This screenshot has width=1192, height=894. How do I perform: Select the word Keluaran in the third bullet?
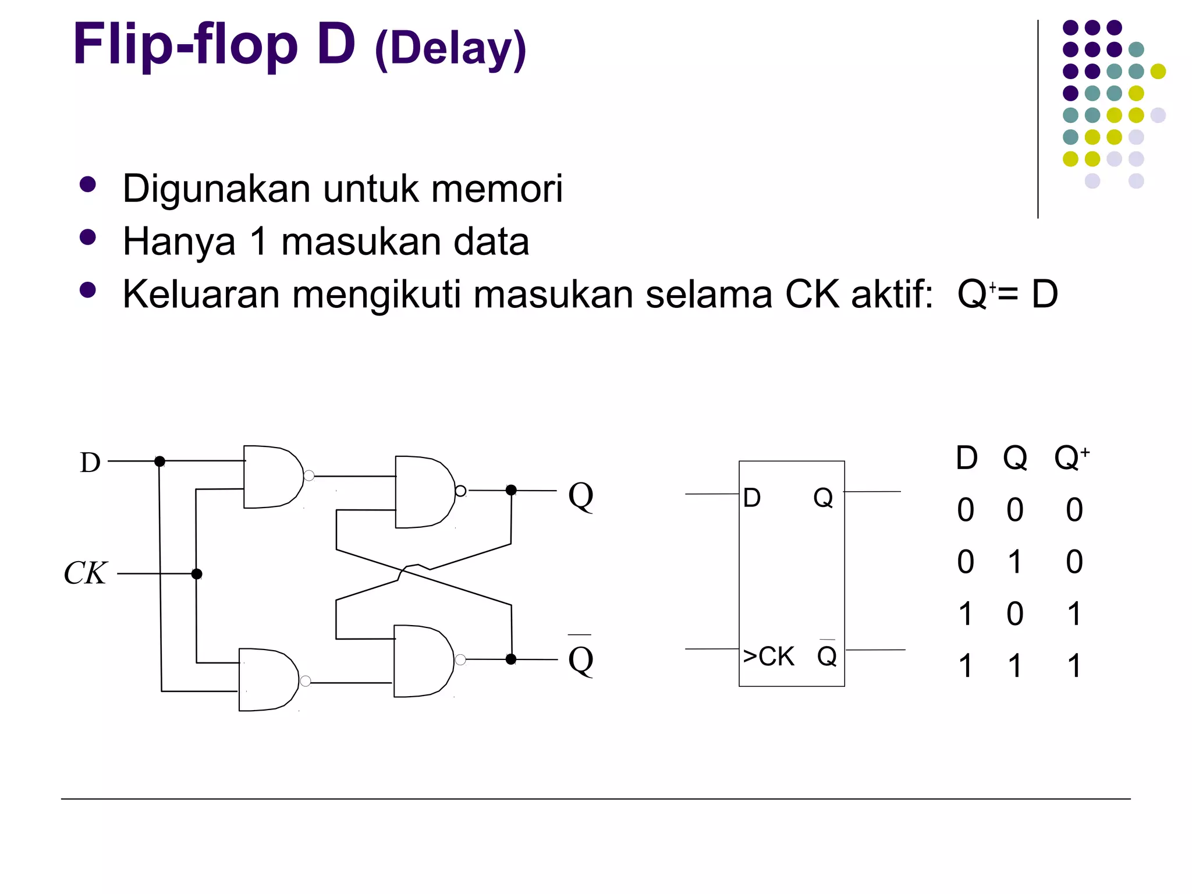201,294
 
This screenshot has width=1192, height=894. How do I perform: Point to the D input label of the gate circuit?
90,463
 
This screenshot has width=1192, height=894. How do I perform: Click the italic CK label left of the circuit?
85,573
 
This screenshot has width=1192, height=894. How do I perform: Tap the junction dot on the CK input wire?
197,574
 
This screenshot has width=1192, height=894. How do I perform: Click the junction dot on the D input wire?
159,462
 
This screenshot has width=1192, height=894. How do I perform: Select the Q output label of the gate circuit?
580,496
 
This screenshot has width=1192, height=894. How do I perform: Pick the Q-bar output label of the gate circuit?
580,659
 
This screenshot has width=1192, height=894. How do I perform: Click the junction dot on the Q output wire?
511,490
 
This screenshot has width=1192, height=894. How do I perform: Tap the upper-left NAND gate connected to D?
271,477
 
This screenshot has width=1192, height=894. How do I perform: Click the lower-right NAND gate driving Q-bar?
421,661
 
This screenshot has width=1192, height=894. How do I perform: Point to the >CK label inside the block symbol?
768,657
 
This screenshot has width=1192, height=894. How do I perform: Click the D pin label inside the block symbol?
752,498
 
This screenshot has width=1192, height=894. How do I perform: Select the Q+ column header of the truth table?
1071,458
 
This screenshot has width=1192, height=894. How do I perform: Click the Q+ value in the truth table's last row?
1074,666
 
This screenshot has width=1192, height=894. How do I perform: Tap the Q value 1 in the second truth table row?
1015,562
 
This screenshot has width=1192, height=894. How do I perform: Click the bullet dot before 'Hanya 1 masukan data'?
88,237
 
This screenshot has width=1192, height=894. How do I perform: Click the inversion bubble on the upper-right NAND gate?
460,491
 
